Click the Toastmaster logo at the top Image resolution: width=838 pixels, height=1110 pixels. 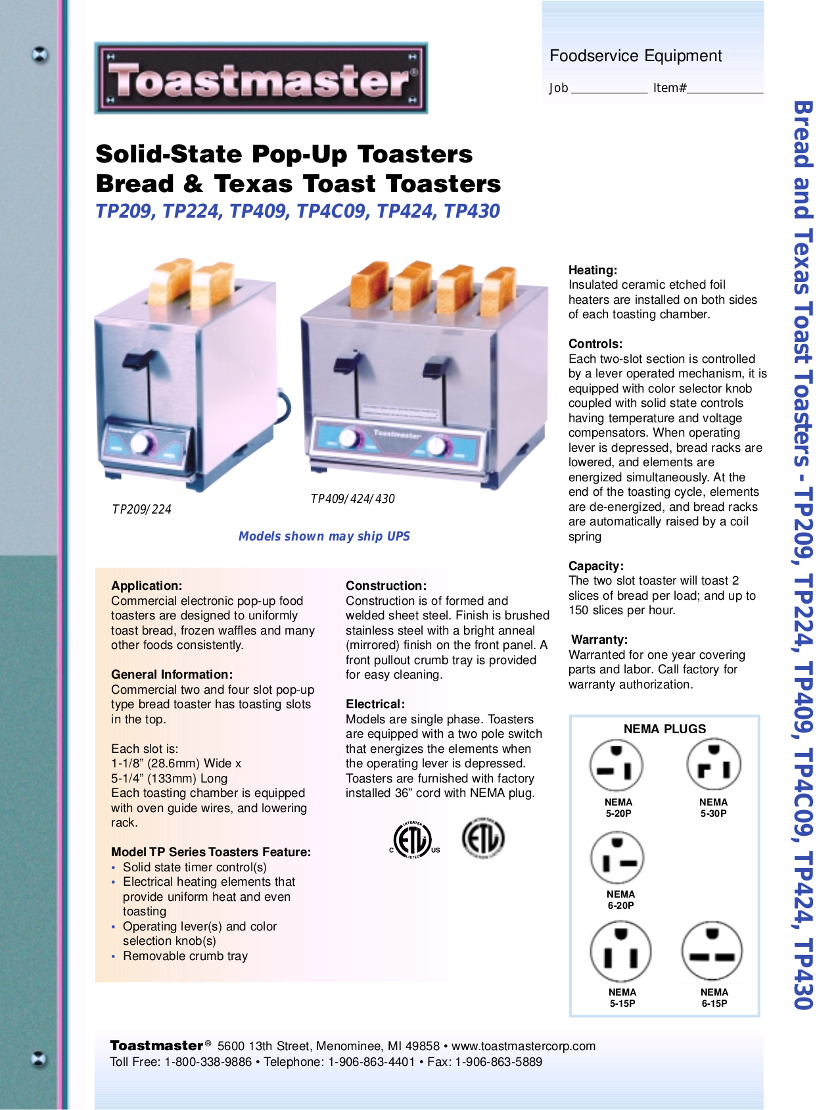[x=261, y=78]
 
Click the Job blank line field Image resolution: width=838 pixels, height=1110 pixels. [x=609, y=89]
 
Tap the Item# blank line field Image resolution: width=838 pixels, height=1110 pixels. [x=725, y=89]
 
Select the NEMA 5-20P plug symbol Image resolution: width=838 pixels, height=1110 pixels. [x=617, y=765]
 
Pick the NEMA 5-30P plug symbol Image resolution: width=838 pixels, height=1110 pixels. [x=713, y=765]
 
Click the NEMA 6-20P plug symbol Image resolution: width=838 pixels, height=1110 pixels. [x=617, y=858]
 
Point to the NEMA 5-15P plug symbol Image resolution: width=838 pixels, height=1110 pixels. [x=620, y=952]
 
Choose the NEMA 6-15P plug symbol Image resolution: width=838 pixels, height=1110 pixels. [x=712, y=951]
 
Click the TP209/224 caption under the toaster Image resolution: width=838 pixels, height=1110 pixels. [x=141, y=510]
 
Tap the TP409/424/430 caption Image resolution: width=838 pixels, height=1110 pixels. [x=352, y=499]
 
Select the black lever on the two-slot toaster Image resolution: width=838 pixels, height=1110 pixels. [x=140, y=359]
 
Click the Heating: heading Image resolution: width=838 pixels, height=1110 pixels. [x=592, y=270]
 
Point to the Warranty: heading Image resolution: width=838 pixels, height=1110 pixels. [x=599, y=640]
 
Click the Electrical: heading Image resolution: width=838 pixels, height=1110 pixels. [x=375, y=704]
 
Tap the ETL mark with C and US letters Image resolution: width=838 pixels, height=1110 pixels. [x=413, y=840]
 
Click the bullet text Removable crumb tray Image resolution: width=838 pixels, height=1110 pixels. [x=185, y=956]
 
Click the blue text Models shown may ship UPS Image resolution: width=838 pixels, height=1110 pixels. [x=324, y=537]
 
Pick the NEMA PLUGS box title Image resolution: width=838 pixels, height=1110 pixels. [x=664, y=729]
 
